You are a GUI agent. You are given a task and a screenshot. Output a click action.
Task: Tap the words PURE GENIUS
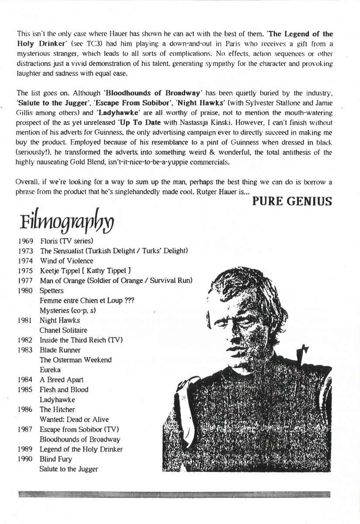click(x=292, y=201)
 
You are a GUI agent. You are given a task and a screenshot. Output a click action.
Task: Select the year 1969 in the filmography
click(x=26, y=241)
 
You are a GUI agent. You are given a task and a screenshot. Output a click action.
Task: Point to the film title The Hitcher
click(x=57, y=410)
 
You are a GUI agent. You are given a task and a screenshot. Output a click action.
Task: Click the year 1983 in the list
click(x=26, y=350)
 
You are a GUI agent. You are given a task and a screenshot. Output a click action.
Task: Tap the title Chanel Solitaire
click(x=63, y=330)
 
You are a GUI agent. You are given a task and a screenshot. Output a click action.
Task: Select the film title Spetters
click(x=52, y=290)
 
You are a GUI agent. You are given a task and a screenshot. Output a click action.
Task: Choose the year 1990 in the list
click(x=26, y=459)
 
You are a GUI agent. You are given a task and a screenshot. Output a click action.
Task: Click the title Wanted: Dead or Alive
click(x=74, y=420)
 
